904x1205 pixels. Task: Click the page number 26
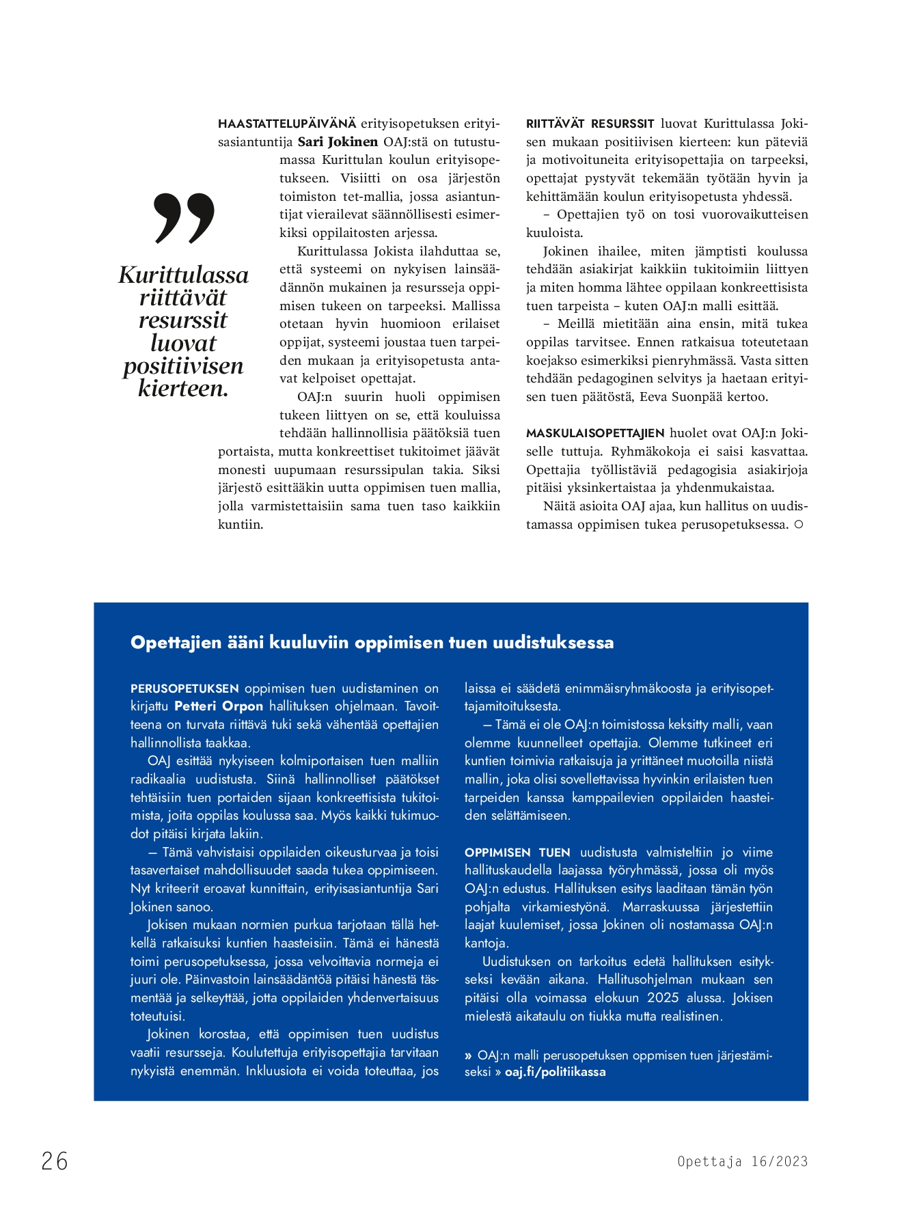tap(55, 1161)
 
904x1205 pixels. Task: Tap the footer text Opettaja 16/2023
tap(742, 1161)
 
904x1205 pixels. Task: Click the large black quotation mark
tap(184, 218)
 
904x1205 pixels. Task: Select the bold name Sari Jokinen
tap(338, 142)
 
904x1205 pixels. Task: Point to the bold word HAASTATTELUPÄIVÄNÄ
tap(287, 124)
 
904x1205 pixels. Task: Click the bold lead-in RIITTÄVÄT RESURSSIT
tap(590, 124)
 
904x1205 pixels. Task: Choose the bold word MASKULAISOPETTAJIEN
tap(595, 433)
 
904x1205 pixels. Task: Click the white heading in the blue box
tap(372, 642)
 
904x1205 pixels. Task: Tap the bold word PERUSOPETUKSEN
tap(184, 689)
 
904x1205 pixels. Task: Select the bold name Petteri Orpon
tap(219, 706)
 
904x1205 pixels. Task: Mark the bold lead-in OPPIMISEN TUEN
tap(517, 853)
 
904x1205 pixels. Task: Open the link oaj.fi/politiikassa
tap(555, 1072)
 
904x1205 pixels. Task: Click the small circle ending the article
tap(798, 525)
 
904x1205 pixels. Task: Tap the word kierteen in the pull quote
tap(182, 388)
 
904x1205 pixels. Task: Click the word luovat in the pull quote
tap(183, 343)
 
